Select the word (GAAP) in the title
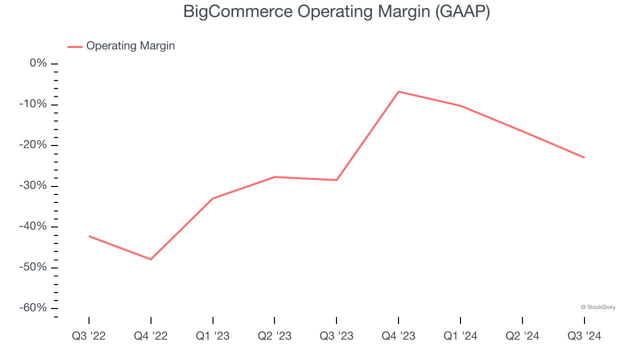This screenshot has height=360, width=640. (462, 11)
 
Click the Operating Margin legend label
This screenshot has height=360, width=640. (130, 46)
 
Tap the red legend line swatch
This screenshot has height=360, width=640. (75, 46)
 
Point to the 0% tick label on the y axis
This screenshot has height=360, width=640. (38, 63)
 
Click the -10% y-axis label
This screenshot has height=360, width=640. (33, 104)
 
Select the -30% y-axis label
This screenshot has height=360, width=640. (33, 186)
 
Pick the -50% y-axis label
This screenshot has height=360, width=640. (33, 267)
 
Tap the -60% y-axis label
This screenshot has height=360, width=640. (33, 308)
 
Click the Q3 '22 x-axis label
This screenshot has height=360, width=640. (89, 336)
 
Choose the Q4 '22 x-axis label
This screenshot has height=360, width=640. (151, 336)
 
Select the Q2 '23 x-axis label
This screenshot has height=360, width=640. (274, 336)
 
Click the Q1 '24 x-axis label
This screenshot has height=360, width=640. (460, 336)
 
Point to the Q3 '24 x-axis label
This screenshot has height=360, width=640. (584, 336)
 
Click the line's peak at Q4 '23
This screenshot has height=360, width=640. (398, 91)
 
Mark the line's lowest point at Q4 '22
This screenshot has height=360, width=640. (151, 259)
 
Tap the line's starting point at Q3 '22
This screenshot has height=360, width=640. (89, 236)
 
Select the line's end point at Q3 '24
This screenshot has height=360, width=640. (584, 157)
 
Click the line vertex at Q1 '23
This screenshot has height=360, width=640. (213, 198)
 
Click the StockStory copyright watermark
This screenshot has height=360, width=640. (598, 307)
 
